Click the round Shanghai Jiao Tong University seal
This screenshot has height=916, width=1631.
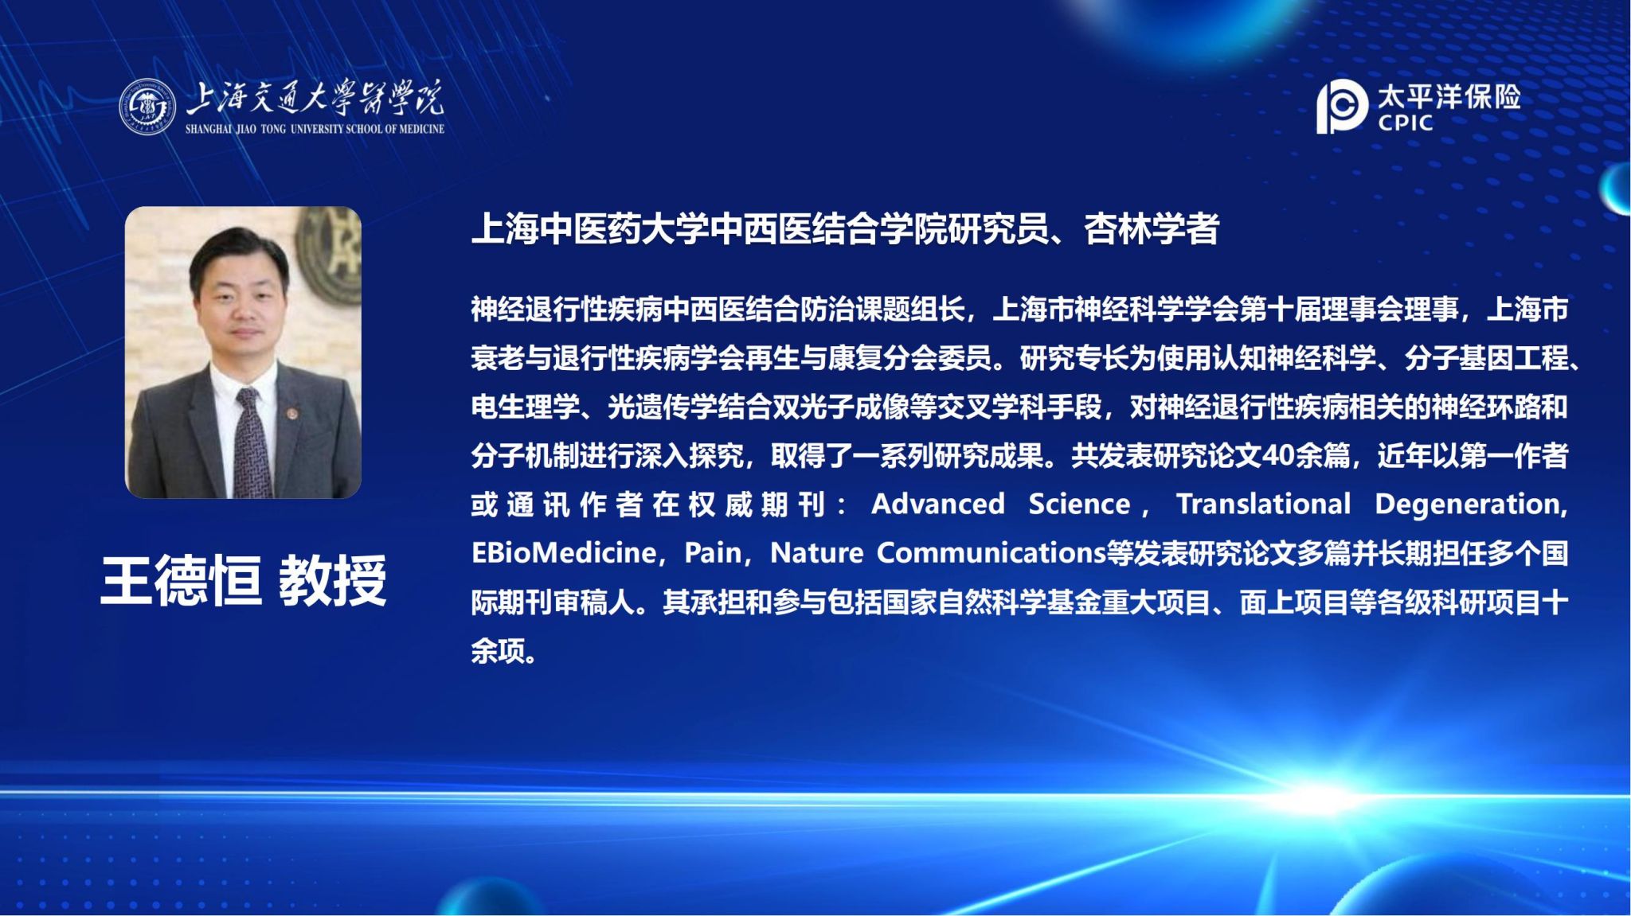(147, 106)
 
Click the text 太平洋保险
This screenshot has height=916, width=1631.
(1449, 97)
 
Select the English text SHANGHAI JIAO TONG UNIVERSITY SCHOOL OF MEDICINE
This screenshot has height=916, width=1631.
(315, 129)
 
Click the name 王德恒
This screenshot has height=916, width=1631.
(182, 580)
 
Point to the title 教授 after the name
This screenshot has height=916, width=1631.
(333, 580)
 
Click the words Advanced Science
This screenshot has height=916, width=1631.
(1001, 504)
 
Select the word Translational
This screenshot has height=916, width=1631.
(1264, 504)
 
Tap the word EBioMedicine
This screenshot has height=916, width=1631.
(563, 552)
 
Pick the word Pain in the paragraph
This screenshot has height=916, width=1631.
(713, 552)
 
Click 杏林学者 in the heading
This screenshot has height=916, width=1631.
(1152, 229)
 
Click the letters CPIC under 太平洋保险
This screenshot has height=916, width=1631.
(1406, 123)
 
